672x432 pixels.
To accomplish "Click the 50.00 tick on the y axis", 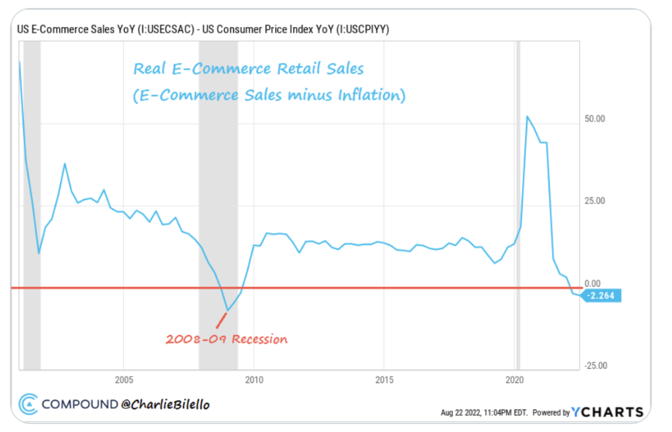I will coord(595,120).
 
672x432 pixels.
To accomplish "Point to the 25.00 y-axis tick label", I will coord(595,201).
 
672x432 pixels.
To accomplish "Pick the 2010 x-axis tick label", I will coord(254,380).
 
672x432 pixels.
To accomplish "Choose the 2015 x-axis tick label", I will coord(384,380).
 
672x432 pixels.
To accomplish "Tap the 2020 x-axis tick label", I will coord(515,380).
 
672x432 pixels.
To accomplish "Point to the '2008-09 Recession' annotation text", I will coord(226,340).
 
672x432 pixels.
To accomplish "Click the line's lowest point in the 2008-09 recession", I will coord(228,310).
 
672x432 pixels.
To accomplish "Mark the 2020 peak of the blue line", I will coord(527,116).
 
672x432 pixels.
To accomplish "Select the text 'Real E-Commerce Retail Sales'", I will coord(248,69).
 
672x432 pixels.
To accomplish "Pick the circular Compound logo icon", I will coord(28,404).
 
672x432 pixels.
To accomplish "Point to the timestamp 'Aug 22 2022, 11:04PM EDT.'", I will coord(485,413).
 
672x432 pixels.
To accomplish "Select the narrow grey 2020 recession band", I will coord(518,198).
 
